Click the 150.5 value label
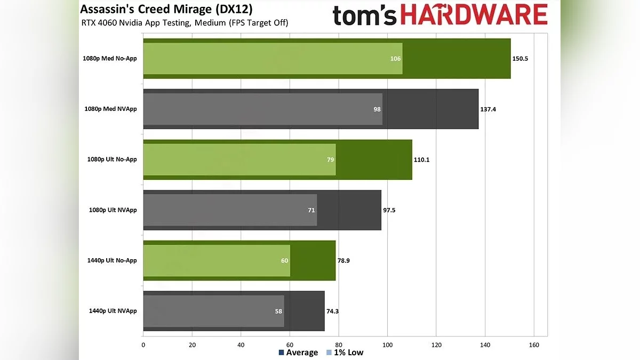coord(520,59)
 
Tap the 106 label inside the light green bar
coord(395,59)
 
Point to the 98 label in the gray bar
coord(377,109)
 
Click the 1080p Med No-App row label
coord(109,59)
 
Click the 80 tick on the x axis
coord(339,345)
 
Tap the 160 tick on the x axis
coord(534,345)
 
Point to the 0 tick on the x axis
coord(143,345)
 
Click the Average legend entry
coord(298,353)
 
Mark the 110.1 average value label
coord(421,159)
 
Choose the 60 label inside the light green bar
coord(284,260)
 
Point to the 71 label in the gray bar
coord(311,210)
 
